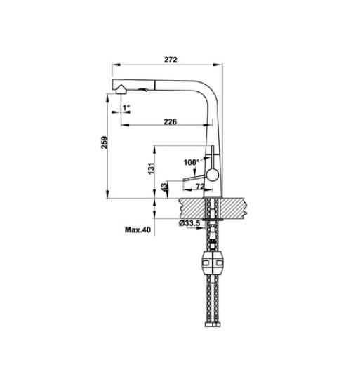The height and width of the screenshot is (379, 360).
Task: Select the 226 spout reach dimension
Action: click(x=169, y=121)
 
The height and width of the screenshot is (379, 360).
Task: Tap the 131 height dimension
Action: click(x=150, y=168)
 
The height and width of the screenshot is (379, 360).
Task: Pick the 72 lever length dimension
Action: click(x=199, y=187)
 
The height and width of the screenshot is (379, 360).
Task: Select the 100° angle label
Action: click(x=191, y=162)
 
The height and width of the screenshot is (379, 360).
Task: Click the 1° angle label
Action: click(x=126, y=107)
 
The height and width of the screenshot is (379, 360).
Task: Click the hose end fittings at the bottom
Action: click(x=213, y=324)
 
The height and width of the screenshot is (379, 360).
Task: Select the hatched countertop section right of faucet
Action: click(x=237, y=207)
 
